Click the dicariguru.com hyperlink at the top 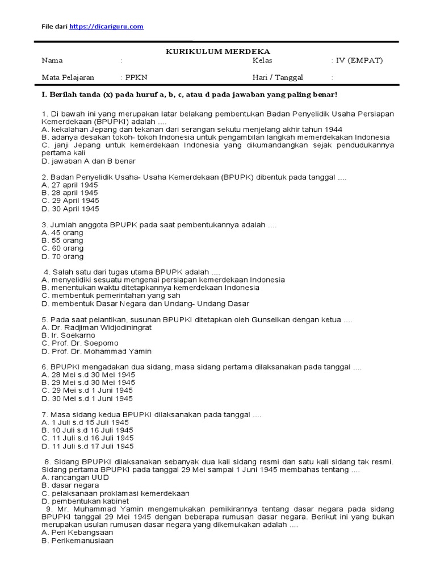(106, 27)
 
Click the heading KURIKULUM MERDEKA (217, 51)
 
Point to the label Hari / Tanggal (278, 77)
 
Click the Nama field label (52, 61)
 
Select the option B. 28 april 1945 (70, 193)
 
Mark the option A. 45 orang (62, 232)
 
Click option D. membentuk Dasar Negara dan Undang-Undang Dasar (145, 304)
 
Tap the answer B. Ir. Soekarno (69, 335)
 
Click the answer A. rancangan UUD (75, 477)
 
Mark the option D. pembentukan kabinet (85, 501)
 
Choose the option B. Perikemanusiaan (78, 541)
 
